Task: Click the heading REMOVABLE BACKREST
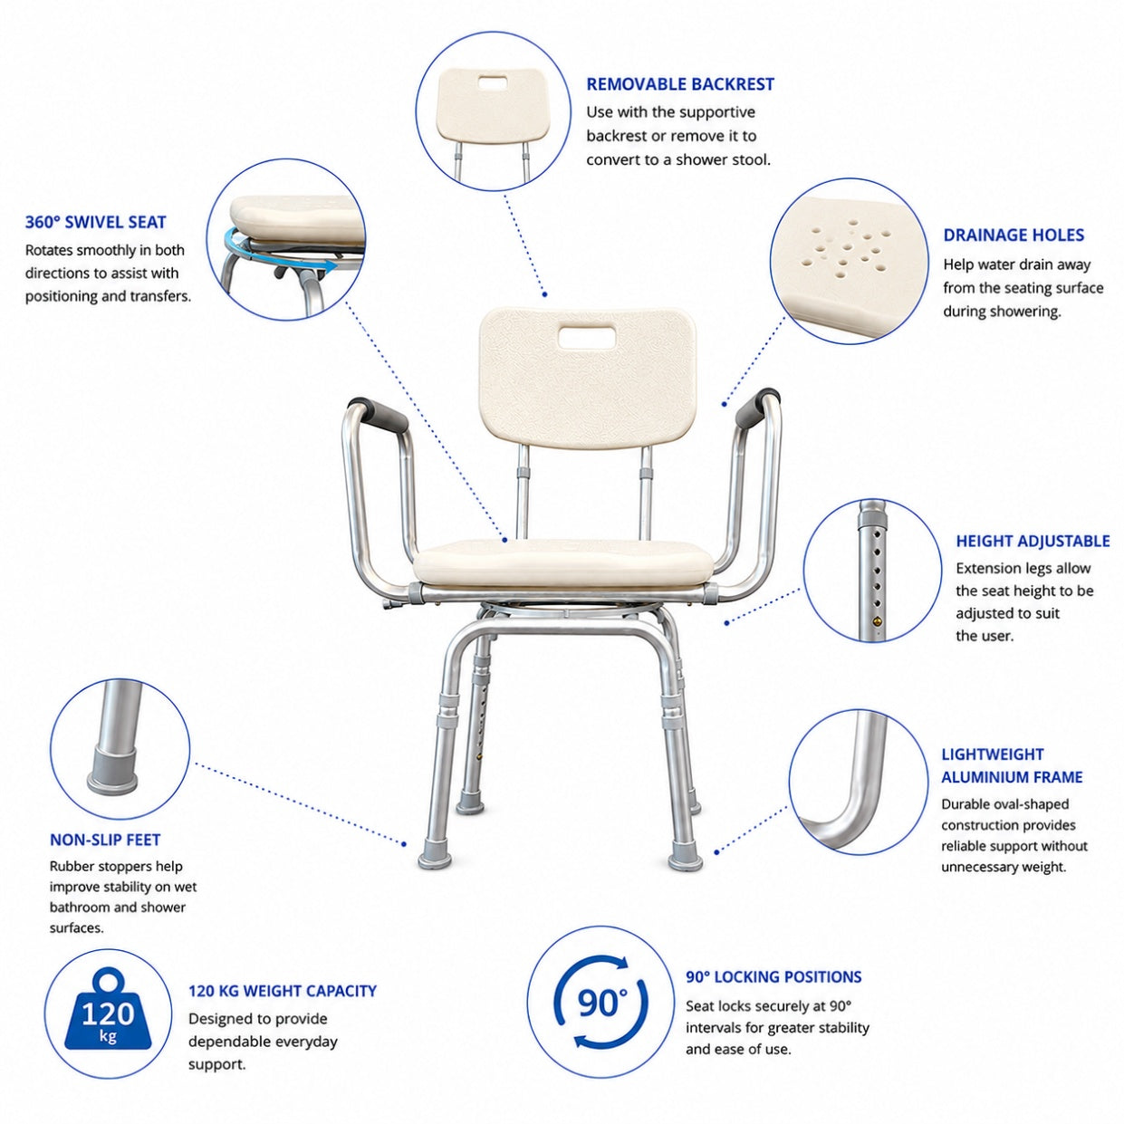[x=679, y=84]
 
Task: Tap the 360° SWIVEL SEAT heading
[x=96, y=222]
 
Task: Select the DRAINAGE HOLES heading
[x=1014, y=235]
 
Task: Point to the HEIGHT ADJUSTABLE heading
[x=1033, y=541]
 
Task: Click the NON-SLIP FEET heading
[x=105, y=840]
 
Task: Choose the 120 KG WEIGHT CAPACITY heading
[x=283, y=991]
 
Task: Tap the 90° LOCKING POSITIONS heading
[x=773, y=976]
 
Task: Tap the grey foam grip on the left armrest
[x=379, y=414]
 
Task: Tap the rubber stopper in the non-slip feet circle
[x=112, y=771]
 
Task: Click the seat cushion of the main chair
[x=562, y=562]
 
